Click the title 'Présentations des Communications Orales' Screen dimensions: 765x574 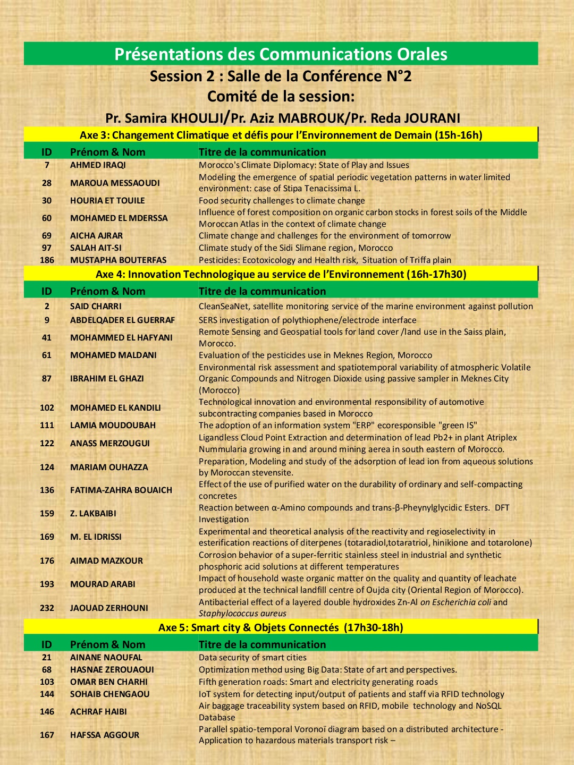coord(281,54)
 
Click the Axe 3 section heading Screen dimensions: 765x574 coord(281,135)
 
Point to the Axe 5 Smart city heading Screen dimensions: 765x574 coord(281,627)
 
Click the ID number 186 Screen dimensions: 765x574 coord(47,260)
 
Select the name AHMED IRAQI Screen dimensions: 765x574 coord(98,165)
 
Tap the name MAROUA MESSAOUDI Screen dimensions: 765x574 coord(115,183)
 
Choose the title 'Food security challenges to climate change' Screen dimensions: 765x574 coord(282,200)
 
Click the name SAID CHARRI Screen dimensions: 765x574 coord(96,306)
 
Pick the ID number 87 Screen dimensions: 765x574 coord(47,378)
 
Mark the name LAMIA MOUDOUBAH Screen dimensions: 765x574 coord(113,425)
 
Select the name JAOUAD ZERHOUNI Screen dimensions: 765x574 coord(109,608)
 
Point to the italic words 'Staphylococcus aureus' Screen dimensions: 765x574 coord(242,614)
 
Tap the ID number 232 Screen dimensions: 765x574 coord(47,608)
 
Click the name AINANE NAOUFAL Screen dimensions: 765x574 coord(106,657)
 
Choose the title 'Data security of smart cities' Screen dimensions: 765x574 coord(252,657)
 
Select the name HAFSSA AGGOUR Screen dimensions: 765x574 coord(105,735)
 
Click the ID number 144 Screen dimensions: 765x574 coord(47,694)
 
